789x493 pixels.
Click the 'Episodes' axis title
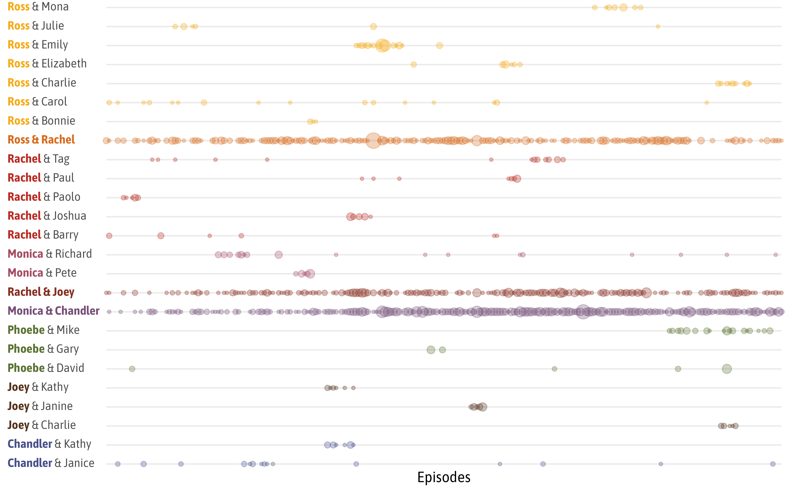coord(444,477)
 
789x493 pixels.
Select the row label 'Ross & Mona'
coord(38,7)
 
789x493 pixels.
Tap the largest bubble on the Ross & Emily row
coord(382,45)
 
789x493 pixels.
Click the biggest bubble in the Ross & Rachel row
coord(373,141)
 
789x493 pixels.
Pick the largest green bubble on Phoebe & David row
coord(727,369)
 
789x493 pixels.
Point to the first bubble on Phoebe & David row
coord(132,369)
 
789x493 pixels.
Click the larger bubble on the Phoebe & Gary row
coord(431,350)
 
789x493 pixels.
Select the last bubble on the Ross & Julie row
coord(658,26)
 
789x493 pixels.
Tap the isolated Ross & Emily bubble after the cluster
coord(439,45)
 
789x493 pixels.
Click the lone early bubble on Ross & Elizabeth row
coord(413,64)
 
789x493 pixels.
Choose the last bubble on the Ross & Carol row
coord(707,103)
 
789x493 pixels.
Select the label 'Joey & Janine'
coord(40,406)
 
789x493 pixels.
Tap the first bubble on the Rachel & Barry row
coord(109,236)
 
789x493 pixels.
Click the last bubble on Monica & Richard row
coord(776,255)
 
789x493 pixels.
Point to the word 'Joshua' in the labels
coord(69,216)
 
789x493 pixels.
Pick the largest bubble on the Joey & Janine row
coord(482,407)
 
